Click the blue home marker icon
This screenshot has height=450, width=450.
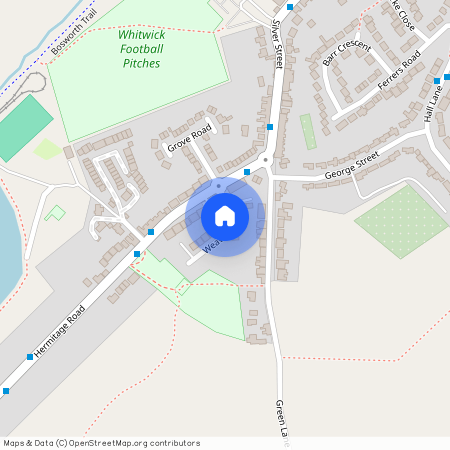[225, 216]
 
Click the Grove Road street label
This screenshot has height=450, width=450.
[190, 138]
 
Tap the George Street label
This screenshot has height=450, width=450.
[352, 166]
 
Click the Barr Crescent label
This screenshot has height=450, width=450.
[346, 53]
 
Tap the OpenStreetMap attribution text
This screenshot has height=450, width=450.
[102, 443]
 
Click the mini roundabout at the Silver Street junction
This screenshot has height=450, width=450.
[266, 160]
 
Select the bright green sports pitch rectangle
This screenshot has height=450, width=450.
[22, 126]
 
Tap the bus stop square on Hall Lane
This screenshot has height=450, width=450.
[437, 79]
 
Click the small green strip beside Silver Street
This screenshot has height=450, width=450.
[308, 131]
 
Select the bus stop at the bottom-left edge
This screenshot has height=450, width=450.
[6, 391]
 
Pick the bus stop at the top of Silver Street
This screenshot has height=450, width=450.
[290, 7]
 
